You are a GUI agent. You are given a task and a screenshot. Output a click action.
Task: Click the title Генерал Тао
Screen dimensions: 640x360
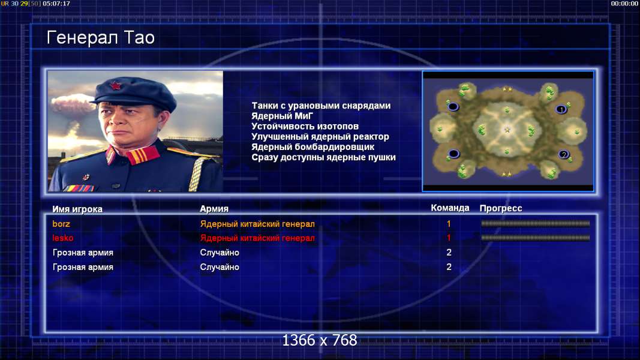tap(100, 38)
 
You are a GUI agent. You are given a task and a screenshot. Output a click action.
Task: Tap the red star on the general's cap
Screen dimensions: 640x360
tap(116, 86)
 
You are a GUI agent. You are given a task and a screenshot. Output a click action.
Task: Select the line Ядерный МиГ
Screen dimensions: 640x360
tap(282, 116)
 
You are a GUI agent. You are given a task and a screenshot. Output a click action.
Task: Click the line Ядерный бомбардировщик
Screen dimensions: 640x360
tap(313, 147)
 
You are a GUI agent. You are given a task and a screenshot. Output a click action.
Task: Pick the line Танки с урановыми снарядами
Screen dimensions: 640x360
tap(321, 106)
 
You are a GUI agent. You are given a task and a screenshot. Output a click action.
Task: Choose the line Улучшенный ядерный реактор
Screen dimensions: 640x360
tap(320, 137)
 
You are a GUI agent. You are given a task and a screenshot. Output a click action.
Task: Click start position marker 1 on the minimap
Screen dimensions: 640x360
tap(561, 109)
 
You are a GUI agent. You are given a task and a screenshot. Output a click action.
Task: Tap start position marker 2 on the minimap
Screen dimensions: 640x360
tap(564, 155)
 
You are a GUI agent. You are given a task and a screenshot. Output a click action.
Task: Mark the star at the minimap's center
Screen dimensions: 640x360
tap(507, 130)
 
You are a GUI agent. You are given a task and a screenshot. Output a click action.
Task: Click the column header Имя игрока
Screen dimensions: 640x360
tap(77, 209)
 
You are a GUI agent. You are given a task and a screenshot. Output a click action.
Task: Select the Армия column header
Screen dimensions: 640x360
tap(214, 209)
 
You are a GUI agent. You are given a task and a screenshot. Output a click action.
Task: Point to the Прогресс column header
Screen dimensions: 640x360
tap(501, 209)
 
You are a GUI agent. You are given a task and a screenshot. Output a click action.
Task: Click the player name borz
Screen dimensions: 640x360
tap(61, 224)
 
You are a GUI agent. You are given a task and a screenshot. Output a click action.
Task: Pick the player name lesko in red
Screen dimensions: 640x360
tap(63, 238)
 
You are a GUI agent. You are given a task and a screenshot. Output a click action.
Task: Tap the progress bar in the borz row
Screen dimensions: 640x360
tap(536, 224)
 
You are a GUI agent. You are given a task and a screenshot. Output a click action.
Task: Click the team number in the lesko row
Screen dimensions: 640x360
tap(449, 238)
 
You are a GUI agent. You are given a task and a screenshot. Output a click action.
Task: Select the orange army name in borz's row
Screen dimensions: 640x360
tap(257, 224)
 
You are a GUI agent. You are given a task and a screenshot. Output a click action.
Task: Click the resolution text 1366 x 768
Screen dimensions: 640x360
tap(320, 340)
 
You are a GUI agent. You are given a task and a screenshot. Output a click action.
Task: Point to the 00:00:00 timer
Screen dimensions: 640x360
tap(624, 4)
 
